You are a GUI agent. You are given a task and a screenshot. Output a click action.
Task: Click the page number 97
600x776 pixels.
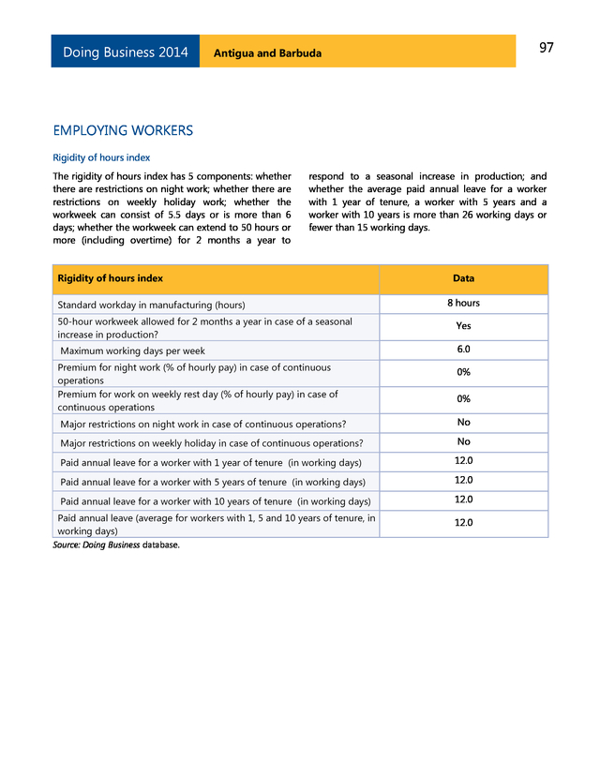tap(547, 49)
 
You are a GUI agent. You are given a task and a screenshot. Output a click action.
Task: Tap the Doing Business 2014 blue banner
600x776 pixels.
tap(126, 52)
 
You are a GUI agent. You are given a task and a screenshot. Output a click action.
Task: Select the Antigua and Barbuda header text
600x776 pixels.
tap(267, 53)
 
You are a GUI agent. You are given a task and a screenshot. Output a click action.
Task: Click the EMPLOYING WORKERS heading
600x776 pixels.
tap(123, 130)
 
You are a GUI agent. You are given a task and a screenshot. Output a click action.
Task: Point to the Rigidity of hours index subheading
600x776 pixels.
tap(101, 157)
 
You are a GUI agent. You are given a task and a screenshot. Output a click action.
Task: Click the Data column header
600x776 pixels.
tap(463, 278)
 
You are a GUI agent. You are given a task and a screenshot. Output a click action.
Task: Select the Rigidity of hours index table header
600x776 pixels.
tap(110, 278)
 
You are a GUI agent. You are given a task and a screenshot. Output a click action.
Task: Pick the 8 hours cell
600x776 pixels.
tap(463, 304)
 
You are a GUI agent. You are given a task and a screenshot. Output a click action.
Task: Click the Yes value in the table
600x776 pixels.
tap(463, 326)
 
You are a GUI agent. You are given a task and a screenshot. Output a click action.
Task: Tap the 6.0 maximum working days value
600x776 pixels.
tap(463, 350)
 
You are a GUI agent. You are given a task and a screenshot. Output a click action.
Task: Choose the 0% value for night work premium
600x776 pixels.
tap(463, 372)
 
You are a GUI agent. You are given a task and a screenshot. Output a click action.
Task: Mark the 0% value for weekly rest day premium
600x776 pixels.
tap(463, 399)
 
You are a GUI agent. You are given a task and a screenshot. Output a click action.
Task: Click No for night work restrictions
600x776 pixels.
tap(463, 423)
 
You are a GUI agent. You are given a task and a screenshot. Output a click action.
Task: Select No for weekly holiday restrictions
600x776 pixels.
tap(463, 441)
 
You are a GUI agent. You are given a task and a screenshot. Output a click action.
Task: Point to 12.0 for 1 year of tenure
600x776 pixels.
tap(463, 461)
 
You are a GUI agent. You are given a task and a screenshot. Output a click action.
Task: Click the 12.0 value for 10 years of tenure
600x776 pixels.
tap(463, 500)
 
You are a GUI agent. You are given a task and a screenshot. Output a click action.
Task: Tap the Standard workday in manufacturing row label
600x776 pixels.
tap(151, 305)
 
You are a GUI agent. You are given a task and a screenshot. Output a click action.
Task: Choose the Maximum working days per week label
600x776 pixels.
tap(132, 351)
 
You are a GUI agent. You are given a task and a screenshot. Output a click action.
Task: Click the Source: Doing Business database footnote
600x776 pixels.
tap(115, 545)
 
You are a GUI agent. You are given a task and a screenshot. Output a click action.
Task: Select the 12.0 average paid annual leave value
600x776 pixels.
tap(463, 523)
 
